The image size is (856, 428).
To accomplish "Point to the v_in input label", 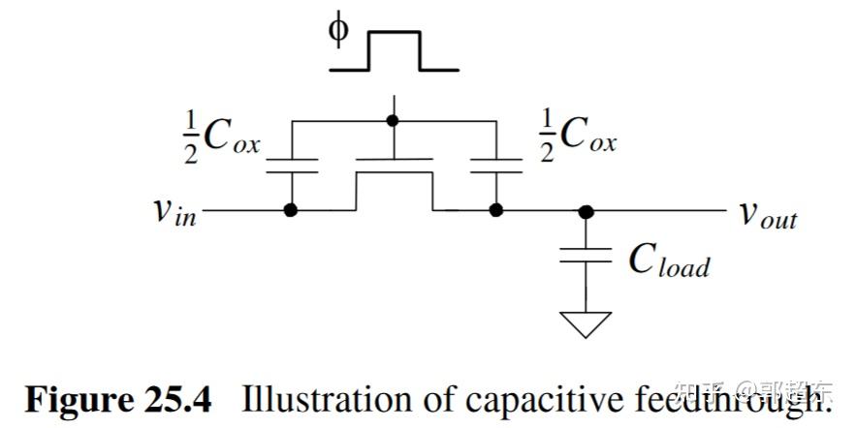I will click(x=174, y=210).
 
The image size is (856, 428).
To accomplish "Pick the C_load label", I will click(x=669, y=259).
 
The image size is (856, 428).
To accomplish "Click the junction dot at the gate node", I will click(x=393, y=121).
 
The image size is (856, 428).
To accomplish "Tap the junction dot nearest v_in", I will click(x=291, y=209).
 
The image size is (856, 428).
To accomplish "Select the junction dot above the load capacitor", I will click(x=587, y=210).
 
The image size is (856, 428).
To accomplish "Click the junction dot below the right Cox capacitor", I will click(x=495, y=209).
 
